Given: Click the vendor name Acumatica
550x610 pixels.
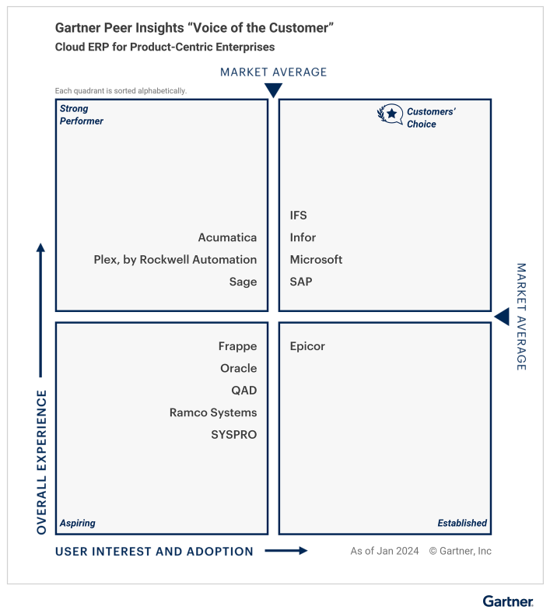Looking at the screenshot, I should click(227, 237).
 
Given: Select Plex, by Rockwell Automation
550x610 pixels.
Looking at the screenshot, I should click(175, 260).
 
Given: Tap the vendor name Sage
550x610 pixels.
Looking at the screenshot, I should click(243, 282).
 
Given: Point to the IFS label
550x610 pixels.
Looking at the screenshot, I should click(299, 216).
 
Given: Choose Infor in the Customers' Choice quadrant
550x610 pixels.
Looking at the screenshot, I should click(303, 237).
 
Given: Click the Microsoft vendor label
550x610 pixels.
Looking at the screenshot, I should click(316, 260).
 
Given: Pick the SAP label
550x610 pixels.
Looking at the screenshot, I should click(300, 282).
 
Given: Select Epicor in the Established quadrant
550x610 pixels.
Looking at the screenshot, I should click(307, 346).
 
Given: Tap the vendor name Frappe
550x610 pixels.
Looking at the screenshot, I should click(237, 346).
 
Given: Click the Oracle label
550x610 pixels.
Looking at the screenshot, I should click(238, 368).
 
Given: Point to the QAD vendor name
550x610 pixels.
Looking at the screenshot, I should click(243, 391).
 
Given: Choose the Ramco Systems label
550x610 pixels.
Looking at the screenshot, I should click(213, 412).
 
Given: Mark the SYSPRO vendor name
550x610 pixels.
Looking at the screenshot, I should click(233, 434).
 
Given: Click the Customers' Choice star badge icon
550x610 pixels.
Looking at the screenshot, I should click(391, 115).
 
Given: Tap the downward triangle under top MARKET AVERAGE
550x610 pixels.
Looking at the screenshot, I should click(273, 89).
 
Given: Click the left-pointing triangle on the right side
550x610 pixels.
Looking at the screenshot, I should click(502, 317).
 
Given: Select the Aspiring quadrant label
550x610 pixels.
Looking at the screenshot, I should click(78, 523).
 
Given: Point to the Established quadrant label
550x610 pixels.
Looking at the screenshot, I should click(462, 523).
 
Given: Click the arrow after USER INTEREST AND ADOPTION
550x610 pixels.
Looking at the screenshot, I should click(286, 551).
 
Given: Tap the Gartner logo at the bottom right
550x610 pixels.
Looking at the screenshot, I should click(508, 601).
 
